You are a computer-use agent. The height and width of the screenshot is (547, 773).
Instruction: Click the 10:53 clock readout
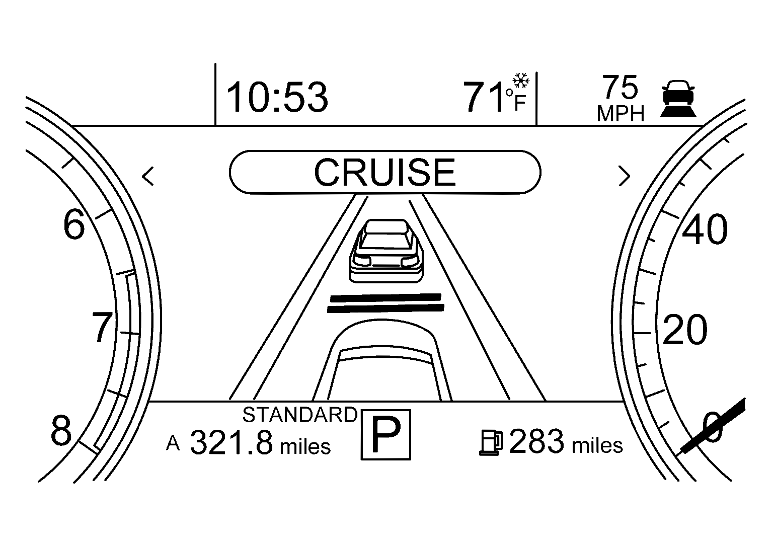point(277,97)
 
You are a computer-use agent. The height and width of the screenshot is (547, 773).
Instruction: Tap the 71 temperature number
point(484,97)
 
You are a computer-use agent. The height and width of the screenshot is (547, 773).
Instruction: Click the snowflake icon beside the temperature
point(521,81)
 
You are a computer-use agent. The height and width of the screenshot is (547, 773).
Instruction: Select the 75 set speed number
point(620,87)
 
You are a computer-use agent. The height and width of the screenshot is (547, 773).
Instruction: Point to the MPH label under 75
point(621,113)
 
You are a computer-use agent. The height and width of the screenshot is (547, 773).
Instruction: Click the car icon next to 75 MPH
point(678,99)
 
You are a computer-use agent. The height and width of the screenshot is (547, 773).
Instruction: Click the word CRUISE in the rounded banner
point(385,172)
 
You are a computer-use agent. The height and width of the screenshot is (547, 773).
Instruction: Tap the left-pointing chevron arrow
point(147,176)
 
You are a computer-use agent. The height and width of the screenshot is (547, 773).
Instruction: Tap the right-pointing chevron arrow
point(624,176)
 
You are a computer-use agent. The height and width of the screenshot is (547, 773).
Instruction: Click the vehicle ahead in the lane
point(386,251)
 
